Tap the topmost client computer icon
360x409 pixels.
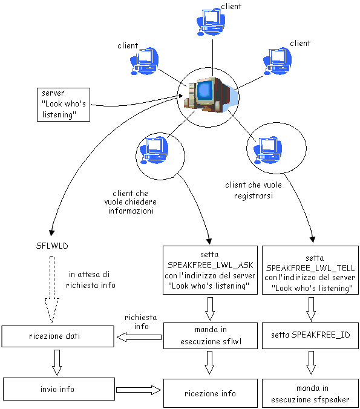tap(211, 22)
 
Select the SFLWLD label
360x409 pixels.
tap(52, 246)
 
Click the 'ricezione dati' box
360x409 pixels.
tap(57, 336)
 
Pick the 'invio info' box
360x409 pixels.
tap(59, 389)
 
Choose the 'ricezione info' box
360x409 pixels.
tap(211, 393)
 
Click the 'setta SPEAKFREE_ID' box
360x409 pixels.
tap(310, 335)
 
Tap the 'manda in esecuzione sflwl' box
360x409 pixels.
tap(211, 336)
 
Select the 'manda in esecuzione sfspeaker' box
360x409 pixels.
tap(310, 393)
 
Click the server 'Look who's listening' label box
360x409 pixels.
tap(64, 105)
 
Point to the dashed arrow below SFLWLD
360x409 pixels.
tap(52, 290)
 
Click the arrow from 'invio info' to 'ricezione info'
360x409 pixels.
tap(139, 390)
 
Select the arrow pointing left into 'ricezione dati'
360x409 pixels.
tap(139, 337)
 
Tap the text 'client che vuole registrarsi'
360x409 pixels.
tap(254, 190)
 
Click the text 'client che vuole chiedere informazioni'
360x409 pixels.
tap(131, 202)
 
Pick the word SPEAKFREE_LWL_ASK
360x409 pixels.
tap(210, 265)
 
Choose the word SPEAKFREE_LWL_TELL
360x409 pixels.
tap(310, 268)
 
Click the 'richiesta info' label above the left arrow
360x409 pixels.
tap(141, 322)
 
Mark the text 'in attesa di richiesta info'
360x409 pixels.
tap(91, 280)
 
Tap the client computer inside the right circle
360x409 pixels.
tap(267, 150)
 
